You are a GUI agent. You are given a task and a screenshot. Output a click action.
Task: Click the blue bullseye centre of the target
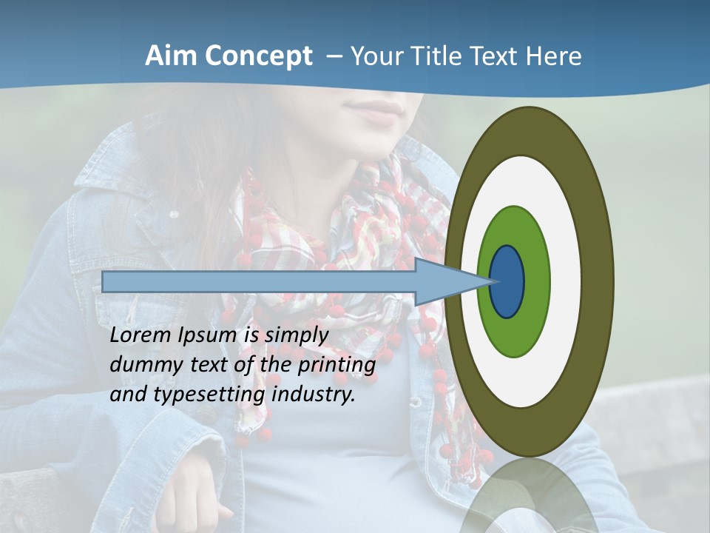pyautogui.click(x=507, y=282)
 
